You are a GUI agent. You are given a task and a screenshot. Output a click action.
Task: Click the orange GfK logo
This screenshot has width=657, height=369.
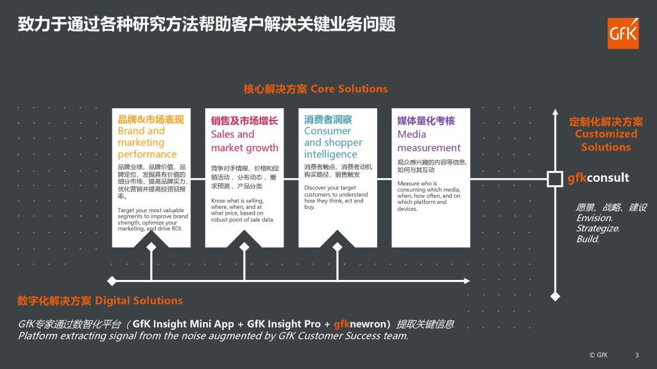pos(623,33)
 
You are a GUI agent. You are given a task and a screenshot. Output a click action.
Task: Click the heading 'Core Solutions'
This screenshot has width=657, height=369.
pos(349,88)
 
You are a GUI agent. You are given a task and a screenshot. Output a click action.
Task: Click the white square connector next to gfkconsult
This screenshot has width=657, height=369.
pos(555,179)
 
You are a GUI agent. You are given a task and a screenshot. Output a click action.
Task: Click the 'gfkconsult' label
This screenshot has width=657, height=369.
pos(599,178)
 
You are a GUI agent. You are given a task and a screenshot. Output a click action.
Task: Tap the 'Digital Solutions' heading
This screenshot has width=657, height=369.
pos(139,300)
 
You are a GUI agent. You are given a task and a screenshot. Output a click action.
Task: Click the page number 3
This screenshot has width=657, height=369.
pos(637,355)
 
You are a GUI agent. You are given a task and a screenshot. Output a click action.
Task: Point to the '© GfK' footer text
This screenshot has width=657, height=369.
pos(599,355)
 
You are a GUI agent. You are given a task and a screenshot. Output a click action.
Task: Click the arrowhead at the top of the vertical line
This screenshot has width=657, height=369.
pos(555,112)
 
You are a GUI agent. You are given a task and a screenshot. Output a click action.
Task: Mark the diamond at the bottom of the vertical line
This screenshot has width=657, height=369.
pos(555,297)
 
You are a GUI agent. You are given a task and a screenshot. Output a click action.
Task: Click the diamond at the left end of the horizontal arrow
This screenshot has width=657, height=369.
pos(112,281)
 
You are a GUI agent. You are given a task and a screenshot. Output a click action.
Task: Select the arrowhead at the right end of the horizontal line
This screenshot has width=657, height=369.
pos(467,281)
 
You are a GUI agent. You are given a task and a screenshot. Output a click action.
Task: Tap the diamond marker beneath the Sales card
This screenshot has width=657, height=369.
pos(244,247)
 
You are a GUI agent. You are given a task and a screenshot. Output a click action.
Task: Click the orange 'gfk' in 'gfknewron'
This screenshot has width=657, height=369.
pos(341,324)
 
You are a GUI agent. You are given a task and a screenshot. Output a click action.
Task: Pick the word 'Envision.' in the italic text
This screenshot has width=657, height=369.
pos(595,218)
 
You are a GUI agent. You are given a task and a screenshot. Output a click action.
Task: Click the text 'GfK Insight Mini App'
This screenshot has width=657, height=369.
pos(183,324)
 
